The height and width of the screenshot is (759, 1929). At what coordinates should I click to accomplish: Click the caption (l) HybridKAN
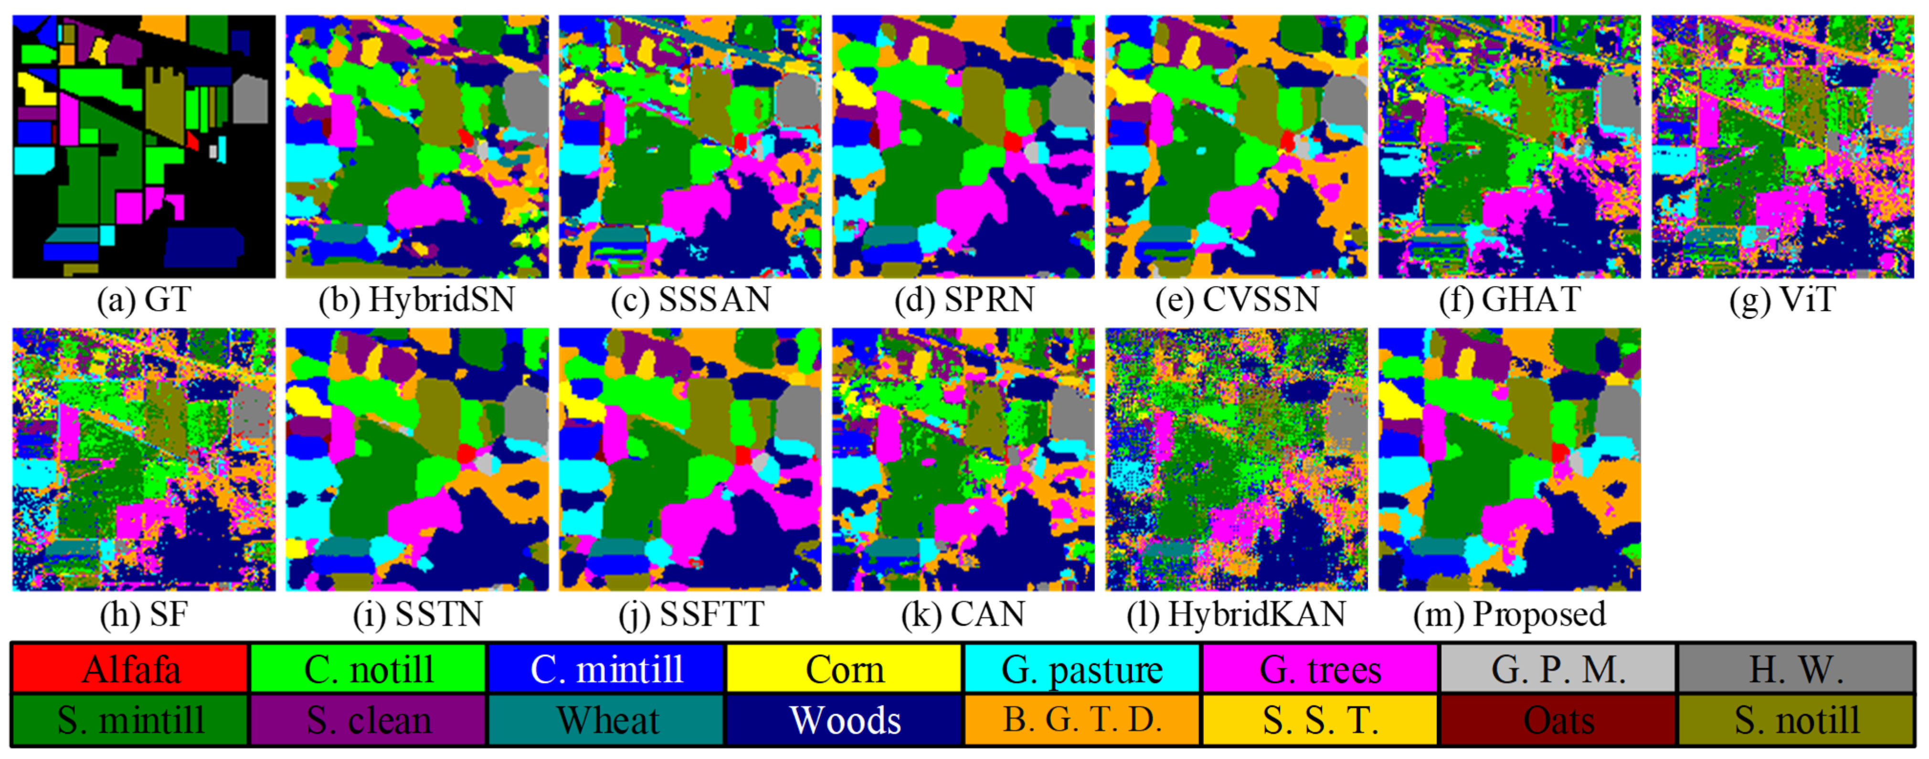click(1236, 614)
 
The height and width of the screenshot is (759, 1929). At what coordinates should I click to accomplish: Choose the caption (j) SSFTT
click(690, 614)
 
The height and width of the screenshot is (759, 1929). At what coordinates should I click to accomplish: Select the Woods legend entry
click(845, 720)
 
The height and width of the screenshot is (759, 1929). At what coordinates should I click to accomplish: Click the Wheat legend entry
click(606, 720)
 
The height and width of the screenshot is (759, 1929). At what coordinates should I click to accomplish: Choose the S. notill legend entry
click(1796, 720)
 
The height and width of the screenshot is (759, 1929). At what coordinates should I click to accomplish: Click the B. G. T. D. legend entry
click(1082, 720)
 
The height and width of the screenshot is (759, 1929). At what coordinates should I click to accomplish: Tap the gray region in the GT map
click(250, 101)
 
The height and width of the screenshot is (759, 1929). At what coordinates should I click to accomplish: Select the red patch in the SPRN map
click(1012, 141)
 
